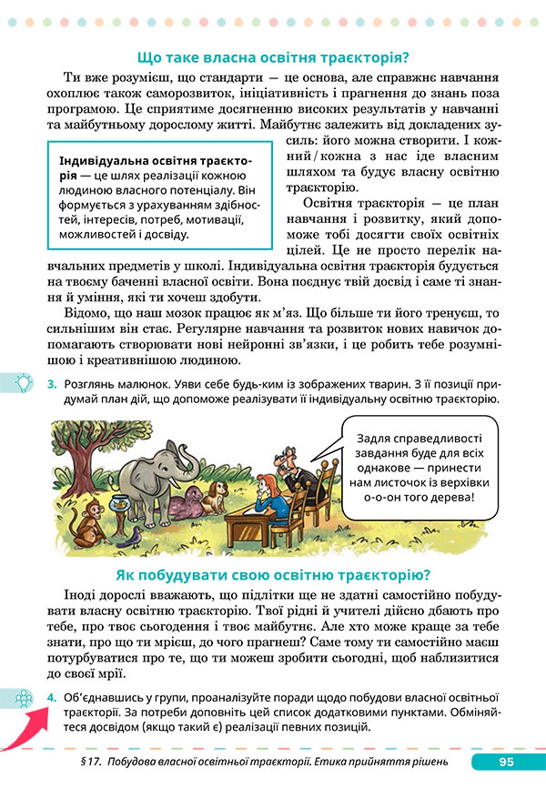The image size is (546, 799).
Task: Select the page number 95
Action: click(507, 762)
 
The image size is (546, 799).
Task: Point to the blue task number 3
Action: click(51, 385)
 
